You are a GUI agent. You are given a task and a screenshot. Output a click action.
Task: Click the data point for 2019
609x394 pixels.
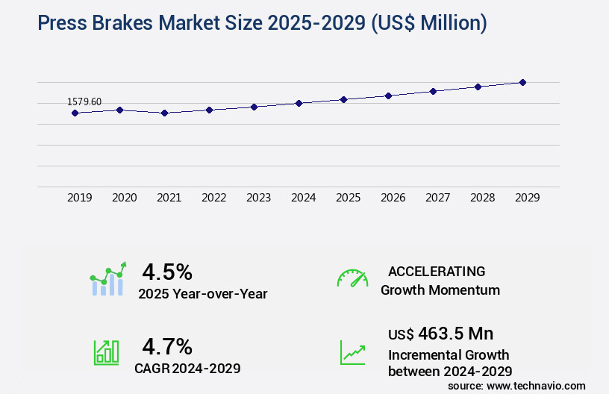click(75, 113)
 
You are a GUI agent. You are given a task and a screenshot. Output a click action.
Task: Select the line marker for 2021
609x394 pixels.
click(164, 113)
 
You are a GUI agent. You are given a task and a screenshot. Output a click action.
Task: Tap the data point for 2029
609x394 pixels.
click(522, 82)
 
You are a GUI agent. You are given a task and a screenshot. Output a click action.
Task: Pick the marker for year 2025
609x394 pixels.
click(343, 99)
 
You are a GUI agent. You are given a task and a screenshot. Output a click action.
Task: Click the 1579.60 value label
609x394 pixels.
click(84, 101)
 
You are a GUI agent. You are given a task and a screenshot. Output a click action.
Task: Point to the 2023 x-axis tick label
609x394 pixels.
click(258, 198)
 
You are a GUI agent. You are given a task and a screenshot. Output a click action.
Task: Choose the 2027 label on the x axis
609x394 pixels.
click(437, 198)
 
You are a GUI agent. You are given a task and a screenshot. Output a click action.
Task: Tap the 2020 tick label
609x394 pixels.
click(124, 198)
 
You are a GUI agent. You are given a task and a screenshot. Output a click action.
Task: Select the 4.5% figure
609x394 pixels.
click(167, 271)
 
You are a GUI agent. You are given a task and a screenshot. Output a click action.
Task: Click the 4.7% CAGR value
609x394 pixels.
click(167, 346)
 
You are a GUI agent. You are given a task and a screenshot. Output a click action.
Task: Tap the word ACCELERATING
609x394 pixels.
click(437, 271)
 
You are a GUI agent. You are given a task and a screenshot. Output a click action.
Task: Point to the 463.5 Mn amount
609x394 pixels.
click(455, 333)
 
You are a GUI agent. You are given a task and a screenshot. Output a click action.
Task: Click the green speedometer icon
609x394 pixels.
click(352, 278)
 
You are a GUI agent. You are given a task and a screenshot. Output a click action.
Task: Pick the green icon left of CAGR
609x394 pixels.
click(106, 352)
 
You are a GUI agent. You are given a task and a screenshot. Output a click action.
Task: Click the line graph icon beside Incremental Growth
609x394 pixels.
click(352, 352)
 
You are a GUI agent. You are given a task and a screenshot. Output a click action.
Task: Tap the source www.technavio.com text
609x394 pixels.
click(516, 385)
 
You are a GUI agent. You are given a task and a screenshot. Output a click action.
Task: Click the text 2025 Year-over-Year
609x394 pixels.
click(202, 293)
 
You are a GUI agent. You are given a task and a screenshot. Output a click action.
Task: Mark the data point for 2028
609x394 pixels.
click(478, 87)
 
